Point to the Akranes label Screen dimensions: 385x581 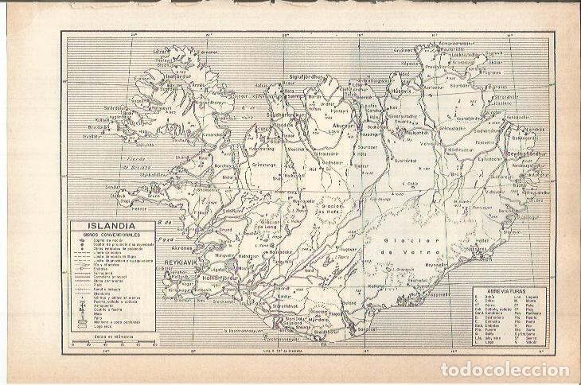(183, 247)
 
